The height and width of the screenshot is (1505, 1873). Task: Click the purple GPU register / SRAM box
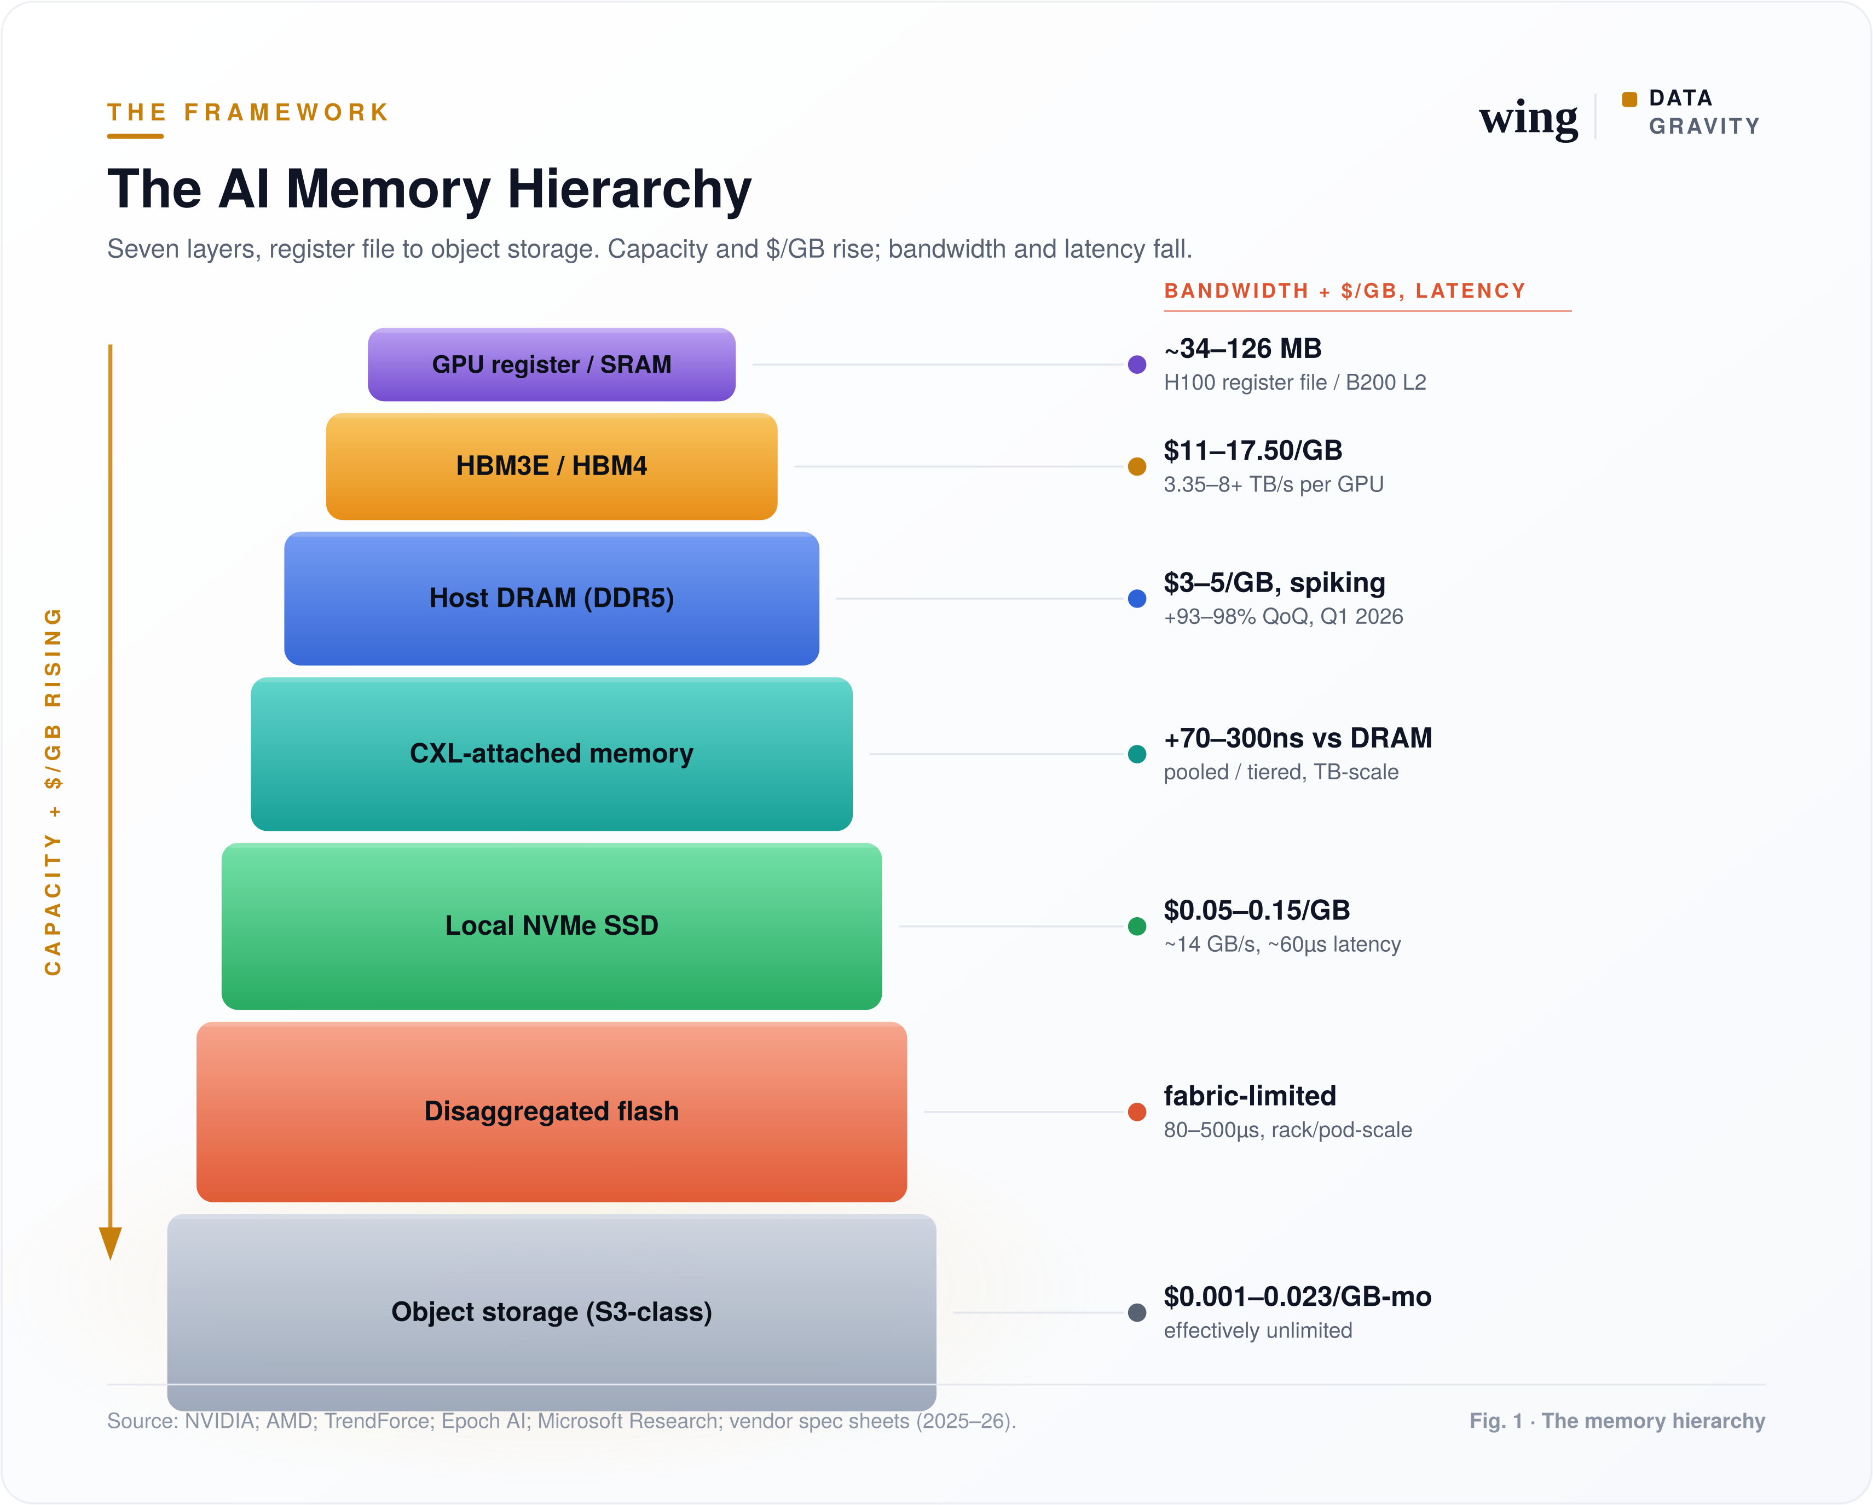pyautogui.click(x=552, y=364)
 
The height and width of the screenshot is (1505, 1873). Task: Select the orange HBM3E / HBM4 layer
pyautogui.click(x=552, y=466)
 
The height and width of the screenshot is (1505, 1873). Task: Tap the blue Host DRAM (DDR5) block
pyautogui.click(x=552, y=598)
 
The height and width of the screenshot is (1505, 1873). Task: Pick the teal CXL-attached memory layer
pyautogui.click(x=552, y=754)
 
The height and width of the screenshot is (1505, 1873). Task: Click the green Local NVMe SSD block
pyautogui.click(x=552, y=926)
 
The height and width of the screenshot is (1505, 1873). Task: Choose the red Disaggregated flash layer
pyautogui.click(x=552, y=1112)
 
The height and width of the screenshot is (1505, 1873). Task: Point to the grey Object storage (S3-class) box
pyautogui.click(x=552, y=1311)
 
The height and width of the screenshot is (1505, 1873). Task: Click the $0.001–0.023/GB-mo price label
pyautogui.click(x=1298, y=1296)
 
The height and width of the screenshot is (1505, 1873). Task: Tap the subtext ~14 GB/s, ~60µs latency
pyautogui.click(x=1282, y=944)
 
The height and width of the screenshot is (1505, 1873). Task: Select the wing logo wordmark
pyautogui.click(x=1529, y=118)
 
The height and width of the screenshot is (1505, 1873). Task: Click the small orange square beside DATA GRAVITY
pyautogui.click(x=1630, y=99)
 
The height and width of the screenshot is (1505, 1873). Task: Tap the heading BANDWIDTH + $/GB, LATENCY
pyautogui.click(x=1345, y=291)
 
